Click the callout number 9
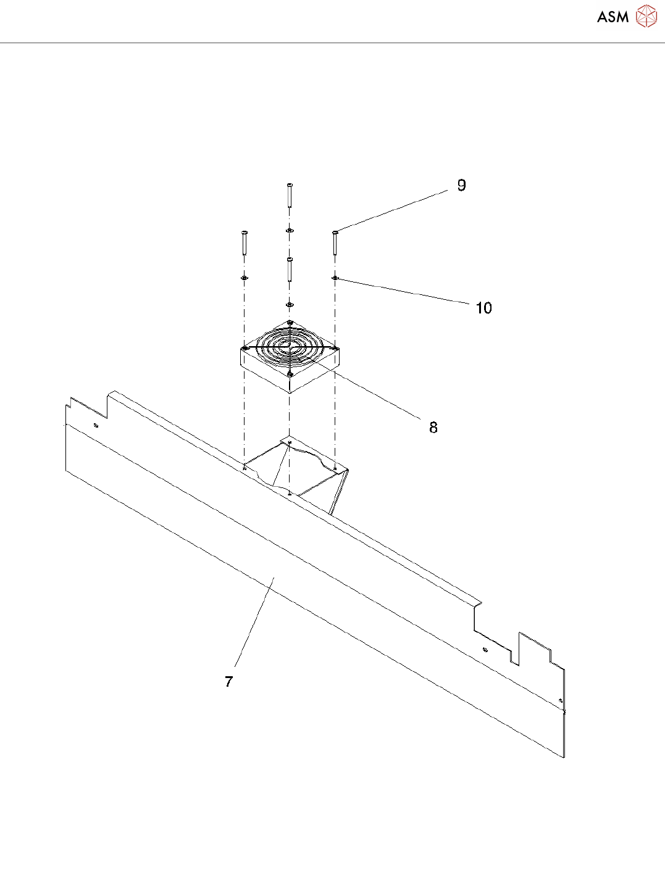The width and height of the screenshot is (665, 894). (461, 185)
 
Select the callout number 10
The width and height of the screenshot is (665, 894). (483, 308)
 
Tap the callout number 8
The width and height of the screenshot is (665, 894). (433, 427)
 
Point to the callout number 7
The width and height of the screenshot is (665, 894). (228, 682)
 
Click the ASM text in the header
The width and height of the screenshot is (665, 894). (613, 17)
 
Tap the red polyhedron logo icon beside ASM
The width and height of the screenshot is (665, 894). (646, 17)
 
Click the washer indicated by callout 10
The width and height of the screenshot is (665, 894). (335, 278)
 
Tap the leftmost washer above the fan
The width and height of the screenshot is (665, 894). (245, 278)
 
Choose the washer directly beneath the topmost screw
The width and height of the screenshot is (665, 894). (290, 230)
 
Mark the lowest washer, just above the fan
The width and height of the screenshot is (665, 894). (290, 305)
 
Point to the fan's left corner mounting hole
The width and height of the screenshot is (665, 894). (246, 349)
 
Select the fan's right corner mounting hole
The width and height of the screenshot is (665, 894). (334, 349)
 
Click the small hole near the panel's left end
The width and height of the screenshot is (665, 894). (95, 426)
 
